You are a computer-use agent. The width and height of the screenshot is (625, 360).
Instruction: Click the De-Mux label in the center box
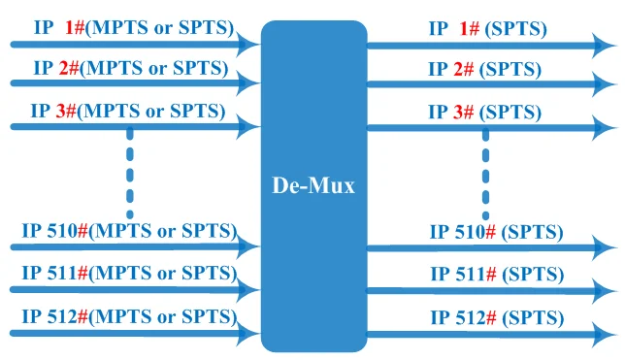313,185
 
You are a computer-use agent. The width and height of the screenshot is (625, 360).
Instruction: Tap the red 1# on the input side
75,27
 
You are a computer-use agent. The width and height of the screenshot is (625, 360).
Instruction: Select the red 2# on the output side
464,69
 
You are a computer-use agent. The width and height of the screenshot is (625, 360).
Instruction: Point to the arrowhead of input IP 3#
247,127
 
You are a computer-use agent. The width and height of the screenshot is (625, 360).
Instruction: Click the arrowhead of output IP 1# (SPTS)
604,46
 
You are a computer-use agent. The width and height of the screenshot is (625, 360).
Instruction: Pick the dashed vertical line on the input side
129,173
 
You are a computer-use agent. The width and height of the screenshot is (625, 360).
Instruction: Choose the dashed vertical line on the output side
485,175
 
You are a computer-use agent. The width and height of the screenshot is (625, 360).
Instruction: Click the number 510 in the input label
62,230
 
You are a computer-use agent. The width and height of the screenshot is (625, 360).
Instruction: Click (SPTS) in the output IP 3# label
510,112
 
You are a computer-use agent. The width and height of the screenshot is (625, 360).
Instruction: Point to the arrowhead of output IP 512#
604,334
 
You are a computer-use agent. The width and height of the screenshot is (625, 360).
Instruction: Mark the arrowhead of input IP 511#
247,290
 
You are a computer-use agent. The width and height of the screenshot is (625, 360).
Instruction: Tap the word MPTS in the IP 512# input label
123,316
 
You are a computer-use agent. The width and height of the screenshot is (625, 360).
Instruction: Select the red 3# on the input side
66,111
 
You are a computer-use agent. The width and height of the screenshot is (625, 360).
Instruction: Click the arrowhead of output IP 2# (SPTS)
604,84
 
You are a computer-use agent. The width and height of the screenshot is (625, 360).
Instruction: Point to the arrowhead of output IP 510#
604,247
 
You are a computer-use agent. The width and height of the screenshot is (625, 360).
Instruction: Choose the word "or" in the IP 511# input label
166,274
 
